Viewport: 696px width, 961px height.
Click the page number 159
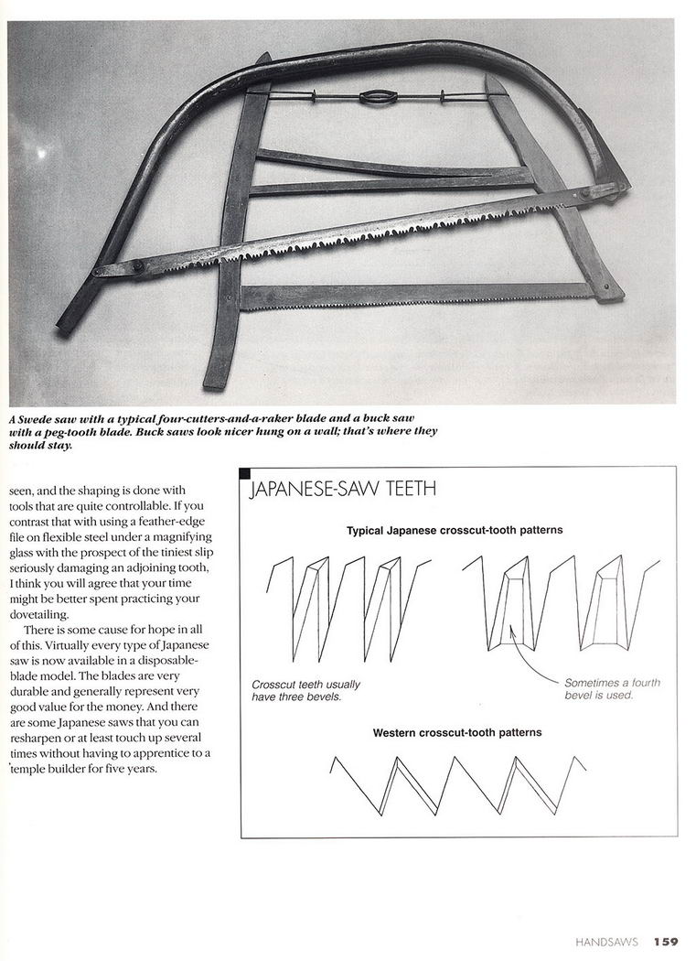click(x=665, y=940)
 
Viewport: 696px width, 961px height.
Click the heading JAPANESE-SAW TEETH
click(x=343, y=490)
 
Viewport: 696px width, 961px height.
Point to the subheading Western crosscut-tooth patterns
click(x=456, y=732)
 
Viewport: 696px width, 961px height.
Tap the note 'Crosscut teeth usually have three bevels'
click(x=305, y=690)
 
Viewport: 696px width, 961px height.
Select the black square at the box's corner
click(x=244, y=473)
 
